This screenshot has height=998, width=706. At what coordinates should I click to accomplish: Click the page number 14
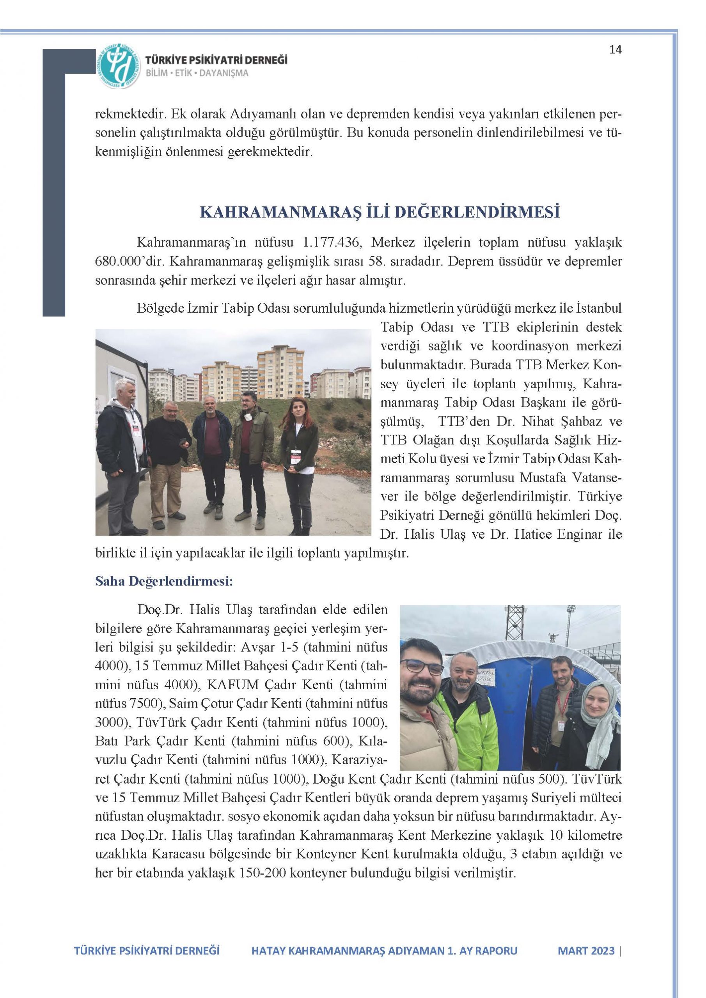pyautogui.click(x=616, y=50)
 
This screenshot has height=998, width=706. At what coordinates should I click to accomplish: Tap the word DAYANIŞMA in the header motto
pyautogui.click(x=224, y=73)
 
